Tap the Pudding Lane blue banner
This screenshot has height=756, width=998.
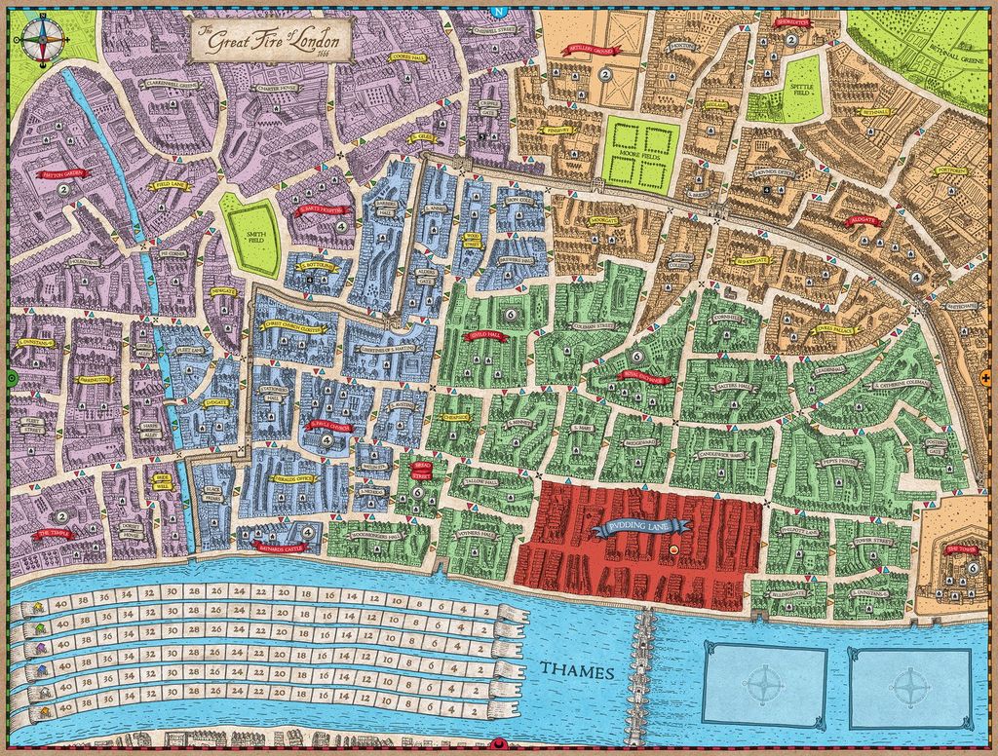tap(638, 529)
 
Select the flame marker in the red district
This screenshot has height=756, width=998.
tap(673, 551)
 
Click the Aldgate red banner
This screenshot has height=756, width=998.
tap(864, 222)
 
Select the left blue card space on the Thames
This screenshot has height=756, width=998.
tap(764, 687)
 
